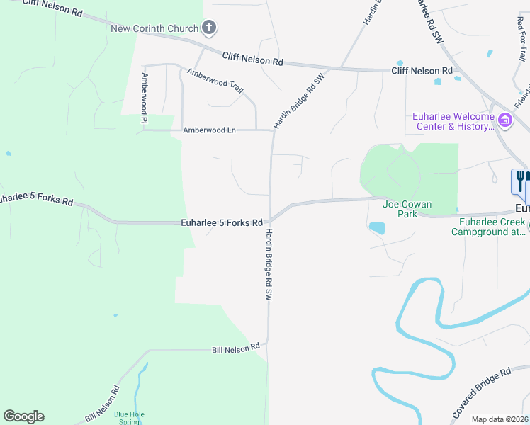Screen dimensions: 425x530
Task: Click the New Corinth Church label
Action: point(154,28)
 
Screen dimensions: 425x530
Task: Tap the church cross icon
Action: point(209,28)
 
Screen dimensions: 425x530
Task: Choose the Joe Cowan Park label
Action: point(400,209)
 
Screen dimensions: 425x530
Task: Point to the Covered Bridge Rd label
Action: point(481,393)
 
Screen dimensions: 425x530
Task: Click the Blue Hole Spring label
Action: point(128,418)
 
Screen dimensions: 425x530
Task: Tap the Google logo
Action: point(23,416)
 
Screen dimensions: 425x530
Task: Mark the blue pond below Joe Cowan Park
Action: point(377,228)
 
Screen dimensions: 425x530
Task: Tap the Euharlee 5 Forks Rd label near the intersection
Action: point(222,222)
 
